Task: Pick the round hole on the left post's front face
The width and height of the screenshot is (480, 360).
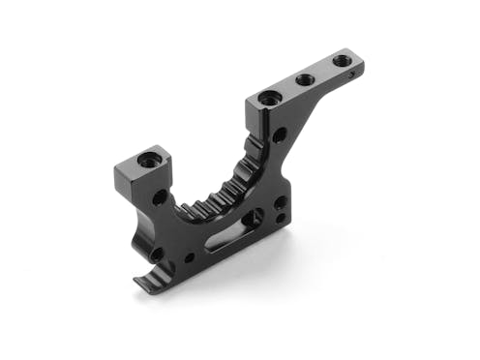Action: pyautogui.click(x=159, y=197)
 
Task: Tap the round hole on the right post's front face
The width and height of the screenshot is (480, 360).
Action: pyautogui.click(x=279, y=135)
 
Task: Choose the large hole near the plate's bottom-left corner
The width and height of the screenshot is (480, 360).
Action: pyautogui.click(x=157, y=255)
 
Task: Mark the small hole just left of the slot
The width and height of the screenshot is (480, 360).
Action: pyautogui.click(x=189, y=257)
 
